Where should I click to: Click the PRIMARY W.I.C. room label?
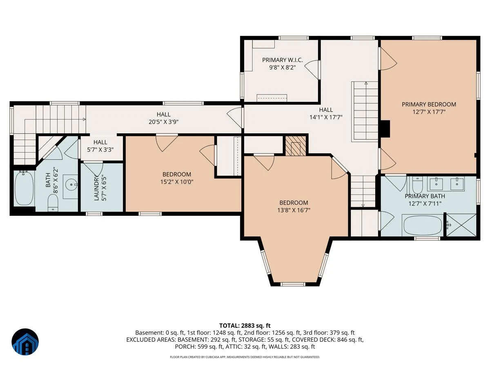tap(282, 60)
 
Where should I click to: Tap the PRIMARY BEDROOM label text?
tap(429, 104)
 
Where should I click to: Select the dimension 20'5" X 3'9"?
tap(163, 122)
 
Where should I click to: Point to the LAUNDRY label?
tap(96, 188)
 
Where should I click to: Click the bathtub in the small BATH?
tap(24, 188)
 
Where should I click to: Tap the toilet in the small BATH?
tap(53, 203)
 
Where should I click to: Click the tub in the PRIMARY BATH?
tap(423, 225)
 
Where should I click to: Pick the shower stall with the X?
tap(461, 225)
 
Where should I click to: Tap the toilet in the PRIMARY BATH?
tap(417, 185)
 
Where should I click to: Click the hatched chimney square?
tap(296, 146)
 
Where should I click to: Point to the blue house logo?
tap(25, 342)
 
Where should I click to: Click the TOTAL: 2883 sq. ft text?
tap(245, 325)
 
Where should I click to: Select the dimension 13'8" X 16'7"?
tap(294, 210)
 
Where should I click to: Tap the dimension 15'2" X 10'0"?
tap(176, 182)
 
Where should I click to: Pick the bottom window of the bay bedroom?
tap(292, 284)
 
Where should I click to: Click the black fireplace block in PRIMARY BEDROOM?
tap(385, 129)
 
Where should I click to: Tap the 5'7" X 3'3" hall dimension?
tap(100, 150)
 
